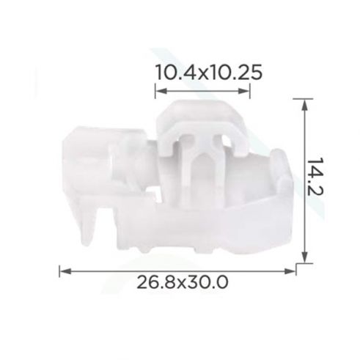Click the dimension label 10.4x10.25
pos(209,73)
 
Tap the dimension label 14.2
pos(315,177)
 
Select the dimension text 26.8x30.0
pos(183,282)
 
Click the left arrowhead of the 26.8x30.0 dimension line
pos(65,271)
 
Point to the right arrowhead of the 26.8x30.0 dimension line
pos(290,271)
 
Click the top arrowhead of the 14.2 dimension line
pos(304,105)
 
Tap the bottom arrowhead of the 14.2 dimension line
pos(304,257)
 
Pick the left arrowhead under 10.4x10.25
pos(161,91)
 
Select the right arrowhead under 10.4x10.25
pos(243,91)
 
